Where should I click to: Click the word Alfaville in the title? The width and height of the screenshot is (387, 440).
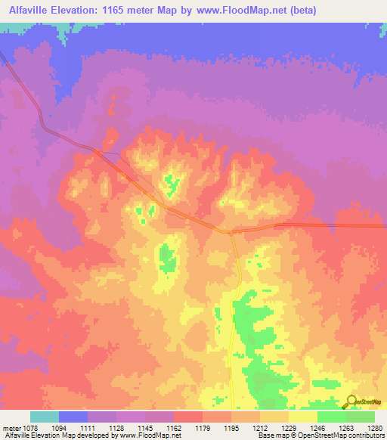point(33,11)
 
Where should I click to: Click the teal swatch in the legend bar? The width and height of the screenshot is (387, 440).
point(45,417)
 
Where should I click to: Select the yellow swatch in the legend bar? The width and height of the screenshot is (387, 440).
point(303,417)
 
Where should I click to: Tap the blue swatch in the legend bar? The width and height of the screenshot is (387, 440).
point(73,417)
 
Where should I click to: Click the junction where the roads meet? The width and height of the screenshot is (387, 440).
point(231,231)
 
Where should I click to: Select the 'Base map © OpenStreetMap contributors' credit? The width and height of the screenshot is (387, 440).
point(320,436)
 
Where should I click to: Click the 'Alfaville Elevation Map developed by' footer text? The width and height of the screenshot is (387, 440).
point(48,436)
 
